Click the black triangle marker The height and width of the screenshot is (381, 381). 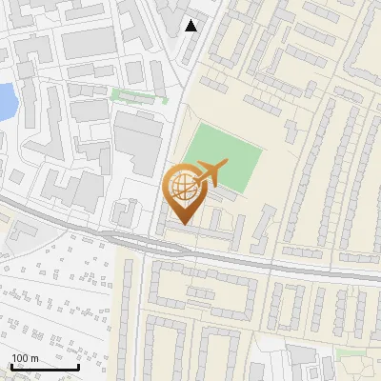(x=191, y=26)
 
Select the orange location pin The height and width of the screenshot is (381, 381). (x=183, y=191)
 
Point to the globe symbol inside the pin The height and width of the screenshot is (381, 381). (x=182, y=185)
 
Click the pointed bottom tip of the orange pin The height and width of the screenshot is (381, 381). (x=183, y=223)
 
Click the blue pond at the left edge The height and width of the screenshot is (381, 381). (x=6, y=100)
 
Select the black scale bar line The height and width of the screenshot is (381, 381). (x=44, y=368)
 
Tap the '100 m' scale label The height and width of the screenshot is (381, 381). (x=26, y=358)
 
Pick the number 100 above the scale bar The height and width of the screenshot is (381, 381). (x=21, y=358)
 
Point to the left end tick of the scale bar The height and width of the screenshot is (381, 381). (x=10, y=366)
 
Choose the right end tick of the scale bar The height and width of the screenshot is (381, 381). (x=78, y=366)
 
